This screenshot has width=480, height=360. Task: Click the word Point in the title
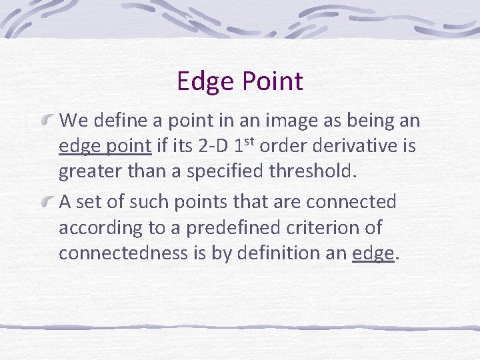click(272, 82)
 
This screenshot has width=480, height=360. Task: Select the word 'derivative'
click(361, 146)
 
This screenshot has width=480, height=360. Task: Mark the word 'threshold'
click(313, 172)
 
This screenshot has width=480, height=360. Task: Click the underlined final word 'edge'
click(373, 254)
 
